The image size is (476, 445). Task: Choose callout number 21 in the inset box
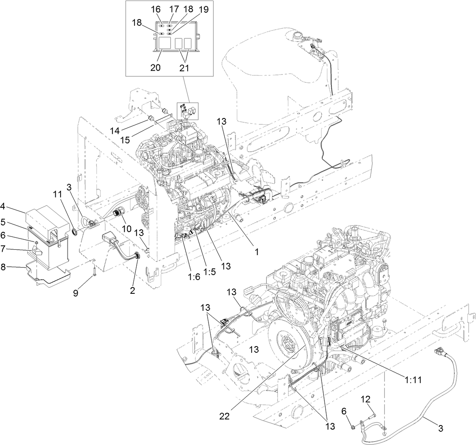184,67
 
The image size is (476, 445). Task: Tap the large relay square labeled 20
163,44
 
